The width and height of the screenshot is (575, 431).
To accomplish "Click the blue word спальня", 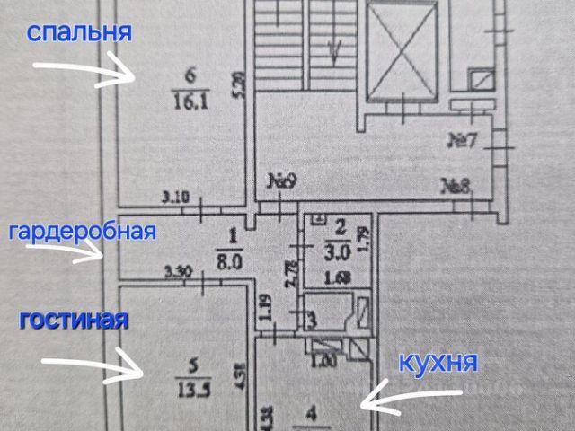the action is (80, 33).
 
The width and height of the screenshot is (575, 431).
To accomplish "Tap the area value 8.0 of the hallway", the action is (232, 253).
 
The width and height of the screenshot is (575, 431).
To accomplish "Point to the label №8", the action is (457, 186).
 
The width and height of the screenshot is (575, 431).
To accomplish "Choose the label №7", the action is (467, 140).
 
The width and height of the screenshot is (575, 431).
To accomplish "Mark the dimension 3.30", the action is (179, 268).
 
